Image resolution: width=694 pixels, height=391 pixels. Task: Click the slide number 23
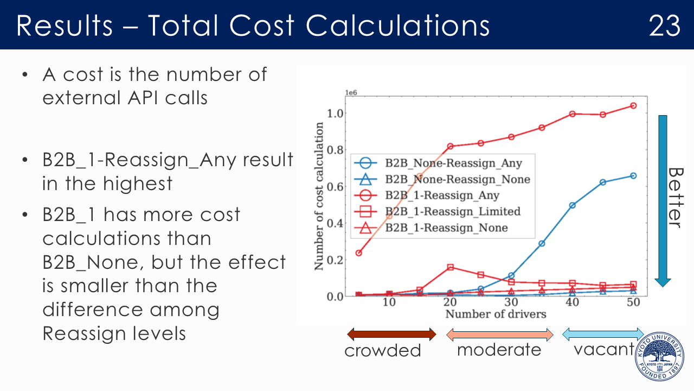pos(664,25)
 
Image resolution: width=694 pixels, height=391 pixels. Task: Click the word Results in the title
pos(65,25)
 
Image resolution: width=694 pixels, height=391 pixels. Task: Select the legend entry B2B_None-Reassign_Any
pos(453,162)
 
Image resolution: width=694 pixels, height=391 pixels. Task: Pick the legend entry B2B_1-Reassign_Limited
pos(453,211)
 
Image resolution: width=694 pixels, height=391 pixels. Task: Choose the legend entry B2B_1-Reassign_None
pos(446,228)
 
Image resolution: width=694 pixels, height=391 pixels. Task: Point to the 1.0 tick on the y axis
pos(337,113)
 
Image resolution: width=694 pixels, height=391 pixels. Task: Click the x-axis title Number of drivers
pos(495,314)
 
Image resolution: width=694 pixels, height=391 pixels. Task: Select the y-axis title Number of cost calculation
pos(319,196)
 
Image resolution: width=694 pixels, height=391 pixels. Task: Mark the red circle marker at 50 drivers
pos(633,105)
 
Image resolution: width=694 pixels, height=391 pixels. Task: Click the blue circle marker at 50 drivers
pos(633,176)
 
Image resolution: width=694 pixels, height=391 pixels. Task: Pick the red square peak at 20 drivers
pos(450,267)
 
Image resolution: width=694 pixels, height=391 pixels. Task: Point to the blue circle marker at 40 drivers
pos(572,205)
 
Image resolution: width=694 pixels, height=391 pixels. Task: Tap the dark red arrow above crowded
pos(391,334)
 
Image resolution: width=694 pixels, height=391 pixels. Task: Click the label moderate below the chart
pos(499,350)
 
